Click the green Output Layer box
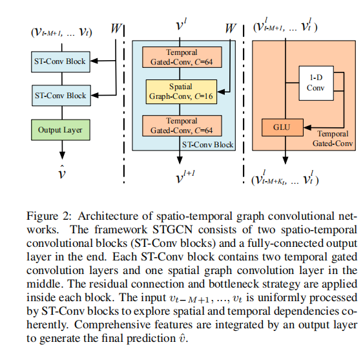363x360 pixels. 60,130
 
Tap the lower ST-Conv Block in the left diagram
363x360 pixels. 60,96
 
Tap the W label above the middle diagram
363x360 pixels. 231,29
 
